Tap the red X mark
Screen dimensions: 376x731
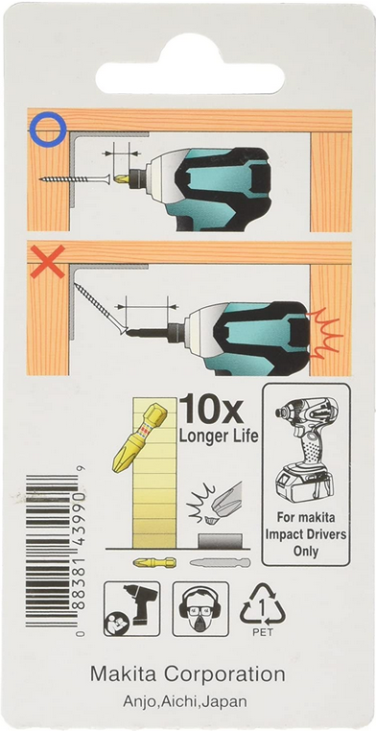[48, 262]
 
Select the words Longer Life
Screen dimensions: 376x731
[219, 436]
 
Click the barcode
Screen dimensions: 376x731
[52, 551]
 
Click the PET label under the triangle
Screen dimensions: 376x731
[262, 632]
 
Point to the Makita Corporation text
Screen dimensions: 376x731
[188, 674]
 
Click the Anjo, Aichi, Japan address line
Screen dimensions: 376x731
[185, 701]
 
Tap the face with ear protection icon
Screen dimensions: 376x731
[200, 608]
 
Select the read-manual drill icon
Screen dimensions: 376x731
[131, 608]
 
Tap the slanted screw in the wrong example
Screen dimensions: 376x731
[100, 308]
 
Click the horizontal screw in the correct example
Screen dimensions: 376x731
[75, 179]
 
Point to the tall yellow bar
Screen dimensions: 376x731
[154, 472]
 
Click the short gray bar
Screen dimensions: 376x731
[220, 541]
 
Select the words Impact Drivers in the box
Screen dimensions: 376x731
[306, 534]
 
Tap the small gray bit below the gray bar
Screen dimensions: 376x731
[220, 563]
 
